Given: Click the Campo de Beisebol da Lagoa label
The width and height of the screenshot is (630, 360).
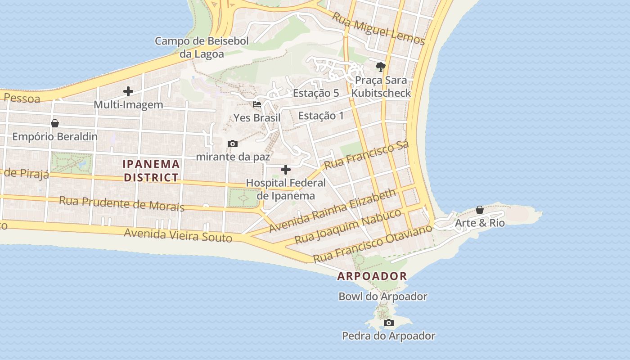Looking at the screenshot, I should (x=202, y=47).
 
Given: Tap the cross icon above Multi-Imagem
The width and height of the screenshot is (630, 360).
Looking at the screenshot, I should (x=128, y=91).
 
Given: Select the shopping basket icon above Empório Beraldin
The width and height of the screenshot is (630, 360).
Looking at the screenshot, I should (x=55, y=123).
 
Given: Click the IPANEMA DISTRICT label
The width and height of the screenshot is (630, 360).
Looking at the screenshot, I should (x=152, y=171).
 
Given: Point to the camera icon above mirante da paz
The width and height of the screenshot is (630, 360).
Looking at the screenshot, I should (x=233, y=144).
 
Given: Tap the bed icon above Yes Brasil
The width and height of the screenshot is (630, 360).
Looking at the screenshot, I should (x=257, y=104).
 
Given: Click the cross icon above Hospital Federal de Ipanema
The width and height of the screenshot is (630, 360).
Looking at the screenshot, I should (x=286, y=170).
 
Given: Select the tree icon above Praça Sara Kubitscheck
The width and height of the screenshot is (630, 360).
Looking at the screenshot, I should (x=381, y=67).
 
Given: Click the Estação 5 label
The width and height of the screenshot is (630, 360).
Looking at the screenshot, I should (x=315, y=93).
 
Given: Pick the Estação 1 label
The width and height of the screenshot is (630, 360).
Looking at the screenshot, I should (x=321, y=116).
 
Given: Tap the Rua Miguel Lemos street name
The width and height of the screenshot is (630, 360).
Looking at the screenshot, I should (x=378, y=28).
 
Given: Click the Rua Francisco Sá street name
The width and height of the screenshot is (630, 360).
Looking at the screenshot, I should (x=366, y=155).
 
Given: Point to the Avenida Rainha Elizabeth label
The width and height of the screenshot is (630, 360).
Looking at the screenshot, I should (x=333, y=211).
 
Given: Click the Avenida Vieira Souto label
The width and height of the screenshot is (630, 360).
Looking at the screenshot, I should (x=178, y=234).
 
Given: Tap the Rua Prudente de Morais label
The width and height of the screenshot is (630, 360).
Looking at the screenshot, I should (x=121, y=203).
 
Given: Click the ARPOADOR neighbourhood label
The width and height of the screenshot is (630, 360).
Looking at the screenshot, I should (x=372, y=276).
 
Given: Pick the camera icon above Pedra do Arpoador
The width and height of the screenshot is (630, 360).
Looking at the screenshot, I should (x=389, y=323).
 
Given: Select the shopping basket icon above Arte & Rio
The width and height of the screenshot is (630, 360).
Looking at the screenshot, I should (x=480, y=210).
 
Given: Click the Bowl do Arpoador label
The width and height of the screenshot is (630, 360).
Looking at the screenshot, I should (x=382, y=297).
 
